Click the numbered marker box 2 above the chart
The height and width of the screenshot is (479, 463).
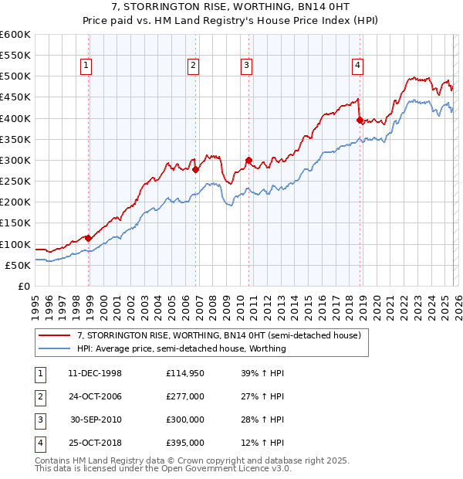point(192,66)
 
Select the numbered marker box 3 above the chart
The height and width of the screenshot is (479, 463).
point(246,66)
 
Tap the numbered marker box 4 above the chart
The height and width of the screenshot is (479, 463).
point(358,66)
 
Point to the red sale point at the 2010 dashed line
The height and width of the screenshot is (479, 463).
point(248,160)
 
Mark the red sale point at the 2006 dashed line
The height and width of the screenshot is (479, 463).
point(195,170)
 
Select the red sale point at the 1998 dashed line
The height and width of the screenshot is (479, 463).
point(88,238)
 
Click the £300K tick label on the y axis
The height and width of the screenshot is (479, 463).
point(15,160)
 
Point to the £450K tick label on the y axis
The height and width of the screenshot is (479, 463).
point(15,97)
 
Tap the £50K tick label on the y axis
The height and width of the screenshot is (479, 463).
point(19,265)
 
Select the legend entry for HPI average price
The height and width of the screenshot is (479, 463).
point(181,348)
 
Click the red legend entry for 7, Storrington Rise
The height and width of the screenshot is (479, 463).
point(218,335)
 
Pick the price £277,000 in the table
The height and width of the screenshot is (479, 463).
point(185,396)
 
